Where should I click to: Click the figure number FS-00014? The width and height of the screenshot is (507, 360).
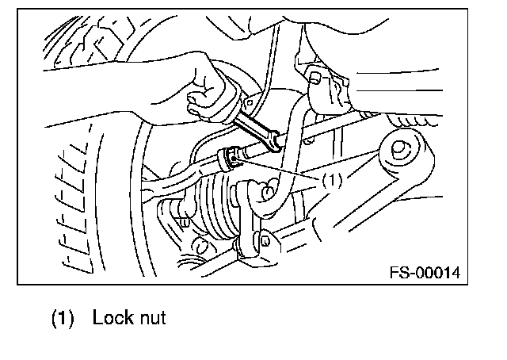coord(425,273)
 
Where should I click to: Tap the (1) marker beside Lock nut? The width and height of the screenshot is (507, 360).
coord(64,320)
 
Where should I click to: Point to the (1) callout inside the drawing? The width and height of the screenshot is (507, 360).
coord(332,180)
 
